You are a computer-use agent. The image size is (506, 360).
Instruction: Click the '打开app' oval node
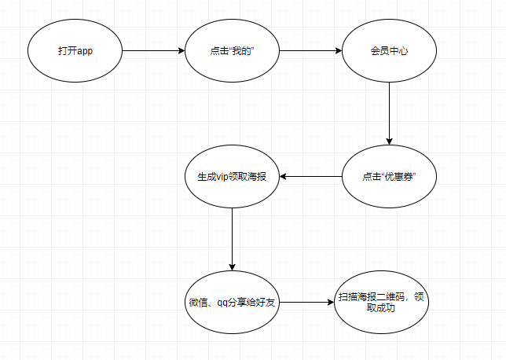coord(75,51)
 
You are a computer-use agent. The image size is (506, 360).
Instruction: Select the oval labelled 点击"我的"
coord(232,51)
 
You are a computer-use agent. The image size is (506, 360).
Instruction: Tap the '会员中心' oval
coord(390,51)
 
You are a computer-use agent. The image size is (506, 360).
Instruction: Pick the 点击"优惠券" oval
coord(390,176)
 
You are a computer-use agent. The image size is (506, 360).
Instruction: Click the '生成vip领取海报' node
coord(232,176)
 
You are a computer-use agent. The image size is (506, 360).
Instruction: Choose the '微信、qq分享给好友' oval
coord(232,303)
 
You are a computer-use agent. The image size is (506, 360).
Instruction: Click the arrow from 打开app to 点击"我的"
coord(153,51)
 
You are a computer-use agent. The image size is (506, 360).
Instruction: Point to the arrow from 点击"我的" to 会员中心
coord(310,51)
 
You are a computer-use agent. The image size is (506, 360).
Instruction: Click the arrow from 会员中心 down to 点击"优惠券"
coord(390,114)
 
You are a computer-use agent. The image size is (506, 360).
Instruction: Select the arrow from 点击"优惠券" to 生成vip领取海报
coord(310,176)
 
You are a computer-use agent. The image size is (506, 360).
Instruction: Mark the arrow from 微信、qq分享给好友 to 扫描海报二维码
coord(306,303)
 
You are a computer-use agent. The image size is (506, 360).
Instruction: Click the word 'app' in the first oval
coord(86,51)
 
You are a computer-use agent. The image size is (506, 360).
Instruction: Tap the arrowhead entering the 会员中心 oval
coord(339,51)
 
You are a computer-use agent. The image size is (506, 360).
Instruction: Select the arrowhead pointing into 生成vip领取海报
coord(284,176)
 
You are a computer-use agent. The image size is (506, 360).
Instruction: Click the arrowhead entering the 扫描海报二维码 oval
coord(330,303)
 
